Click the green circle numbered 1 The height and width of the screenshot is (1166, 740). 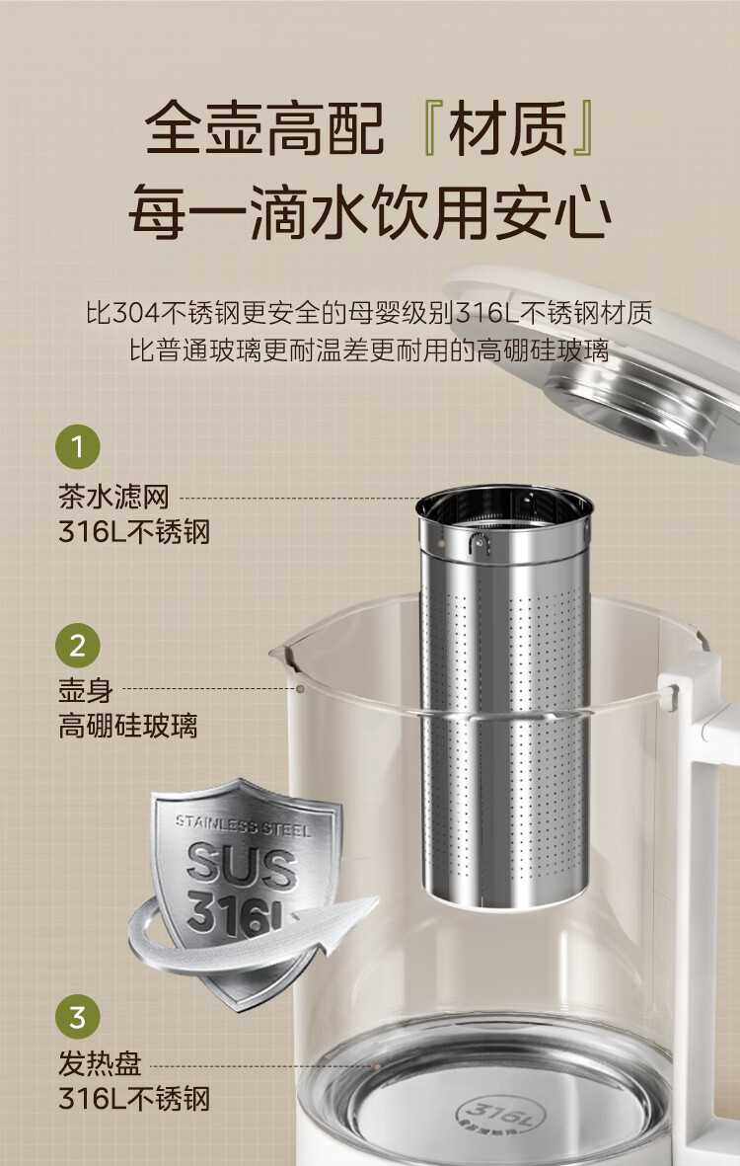pyautogui.click(x=77, y=447)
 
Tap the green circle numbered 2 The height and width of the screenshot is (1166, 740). pyautogui.click(x=77, y=645)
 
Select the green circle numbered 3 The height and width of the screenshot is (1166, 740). pyautogui.click(x=77, y=1017)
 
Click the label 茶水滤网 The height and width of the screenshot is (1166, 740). pyautogui.click(x=113, y=497)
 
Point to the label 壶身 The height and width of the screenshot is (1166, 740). pyautogui.click(x=86, y=690)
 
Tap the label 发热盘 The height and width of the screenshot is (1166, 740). pyautogui.click(x=100, y=1062)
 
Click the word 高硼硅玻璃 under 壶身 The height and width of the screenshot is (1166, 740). pyautogui.click(x=128, y=726)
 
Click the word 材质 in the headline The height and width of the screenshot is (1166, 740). pyautogui.click(x=507, y=128)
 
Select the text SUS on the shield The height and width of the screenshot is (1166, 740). pyautogui.click(x=242, y=865)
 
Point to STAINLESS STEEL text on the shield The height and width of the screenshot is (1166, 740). pyautogui.click(x=243, y=825)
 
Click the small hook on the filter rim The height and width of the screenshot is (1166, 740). pyautogui.click(x=479, y=544)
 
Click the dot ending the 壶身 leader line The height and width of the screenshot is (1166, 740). pyautogui.click(x=300, y=689)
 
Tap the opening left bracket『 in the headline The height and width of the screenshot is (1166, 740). pyautogui.click(x=429, y=128)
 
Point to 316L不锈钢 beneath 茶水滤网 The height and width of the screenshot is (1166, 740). pyautogui.click(x=134, y=532)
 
